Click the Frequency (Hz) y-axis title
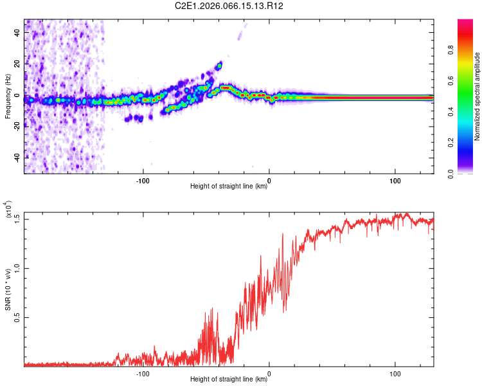tap(8, 97)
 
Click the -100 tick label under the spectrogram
tap(143, 181)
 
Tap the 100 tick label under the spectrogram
tap(395, 181)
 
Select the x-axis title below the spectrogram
tap(229, 187)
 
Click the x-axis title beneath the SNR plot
tap(229, 380)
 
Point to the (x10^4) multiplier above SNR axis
tap(9, 210)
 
